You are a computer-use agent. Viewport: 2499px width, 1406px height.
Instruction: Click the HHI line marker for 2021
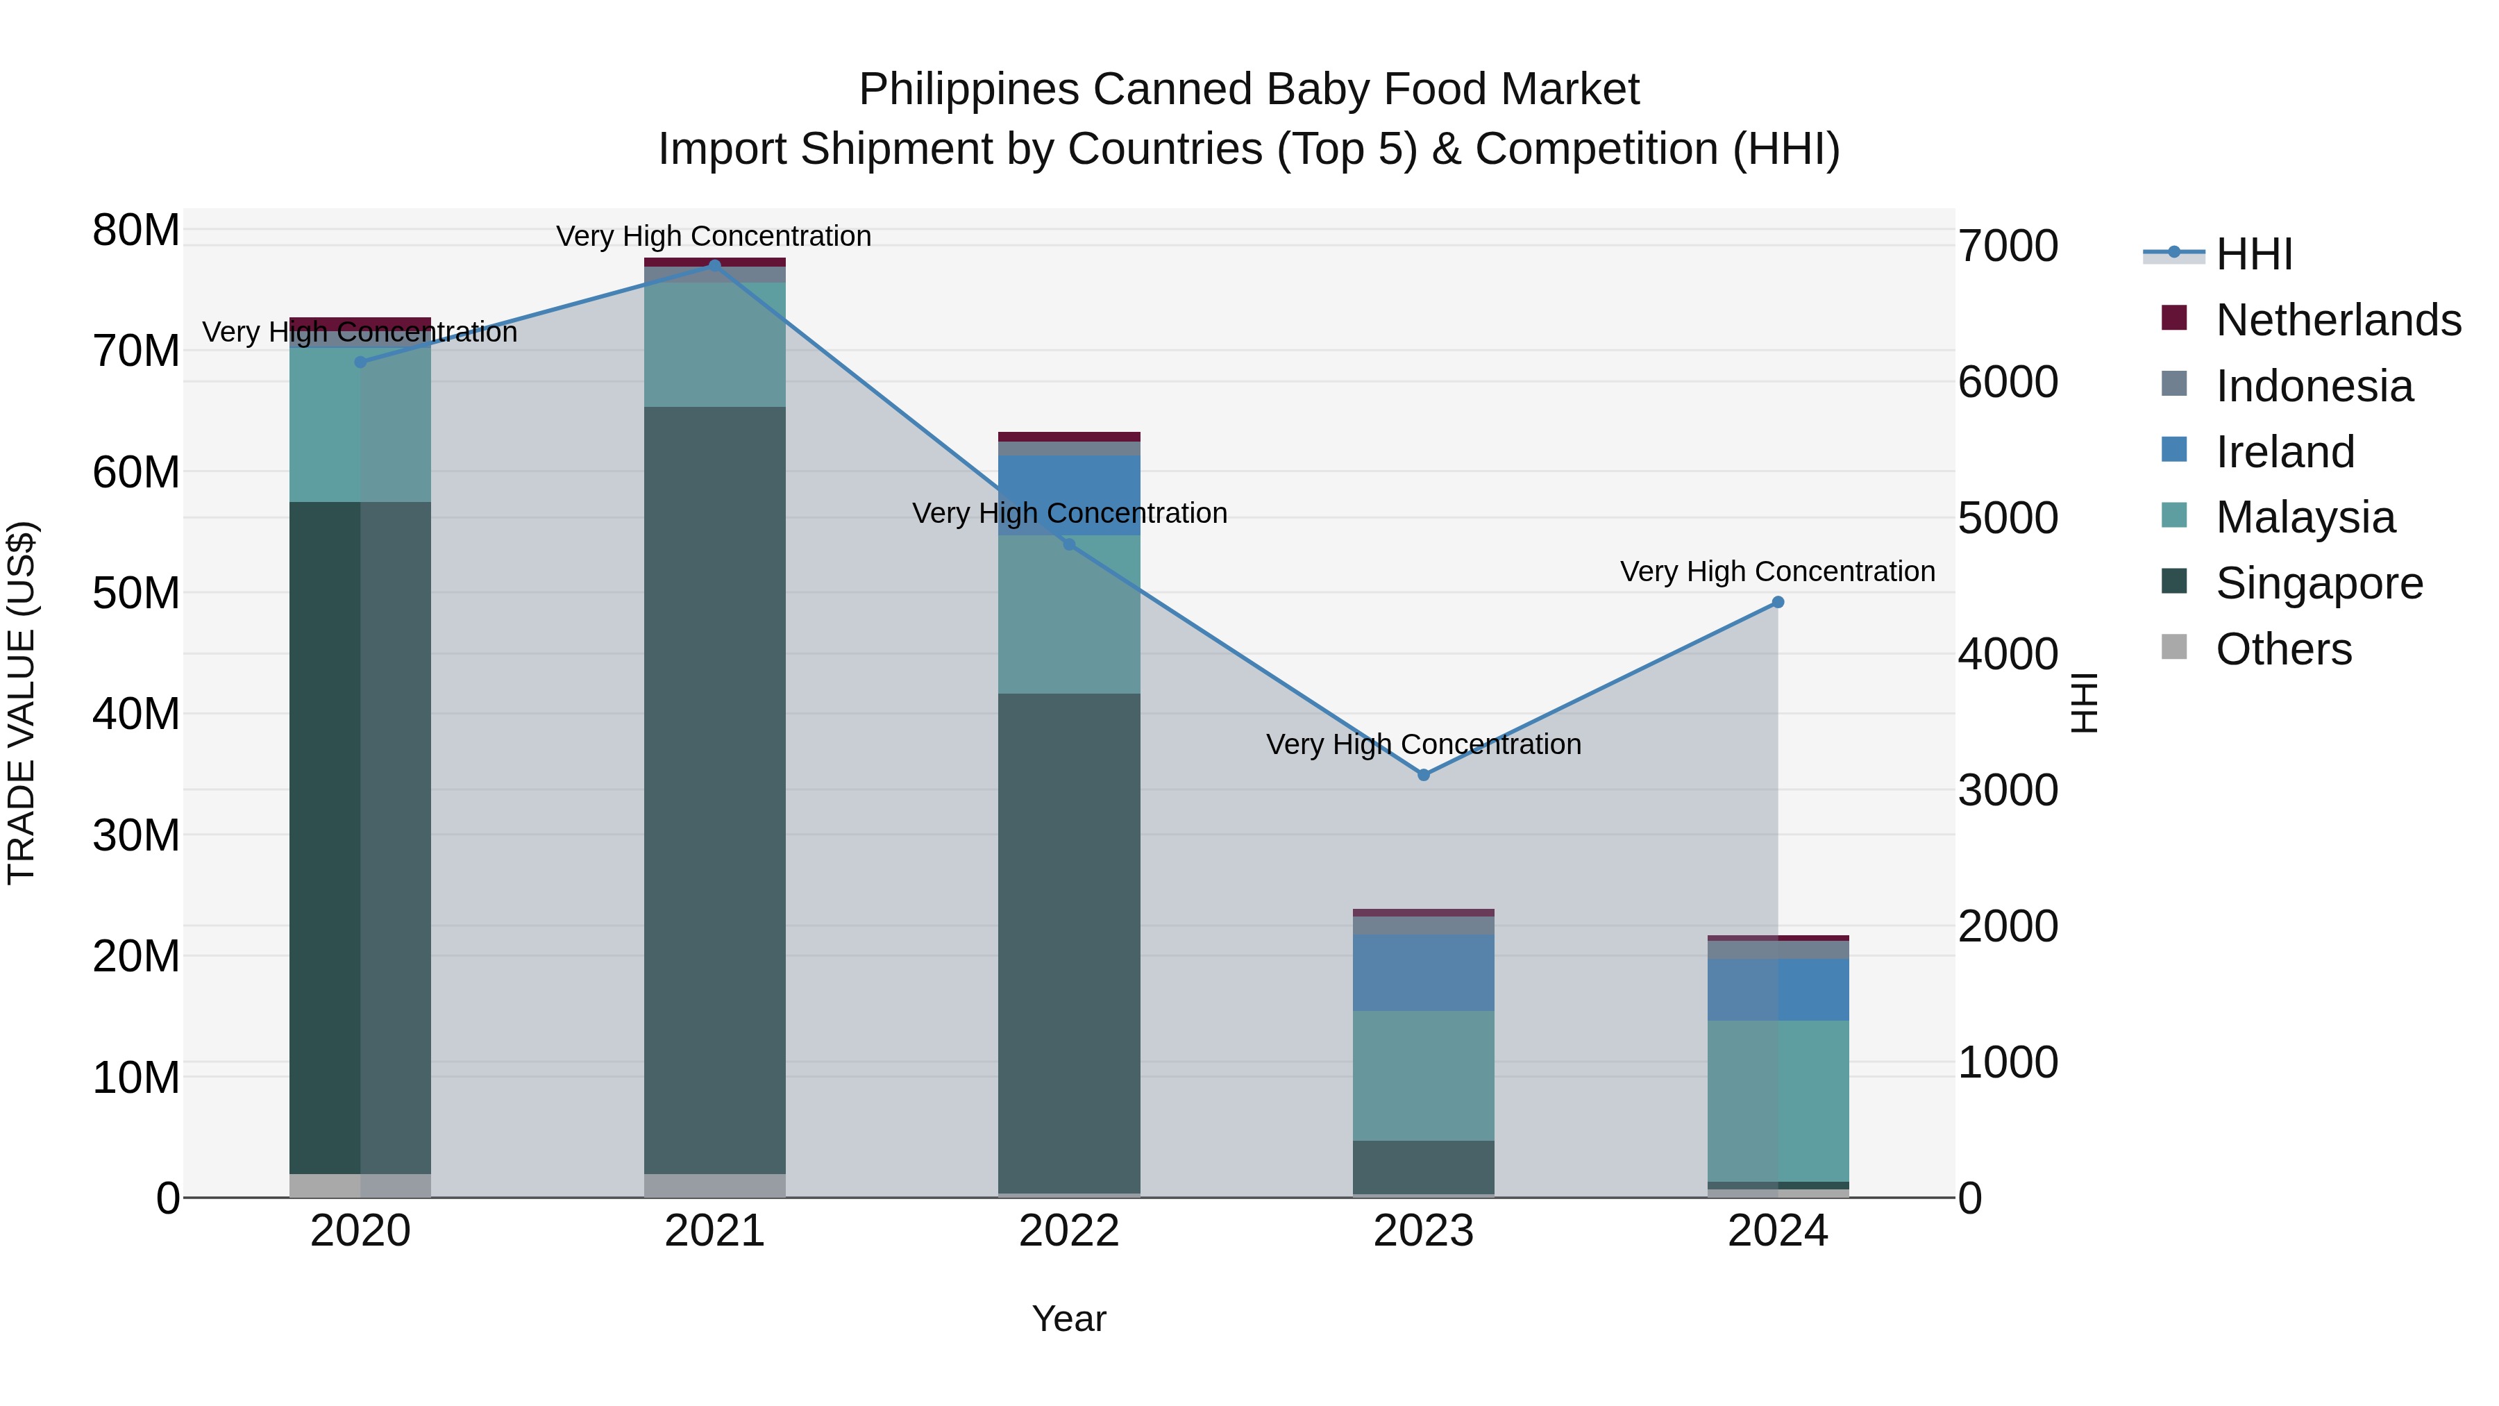coord(714,265)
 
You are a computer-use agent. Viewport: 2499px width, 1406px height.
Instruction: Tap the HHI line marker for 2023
coord(1423,774)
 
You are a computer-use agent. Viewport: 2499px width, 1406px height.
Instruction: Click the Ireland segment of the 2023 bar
coord(1423,972)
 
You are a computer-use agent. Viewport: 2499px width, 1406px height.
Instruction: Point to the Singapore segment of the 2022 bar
coord(1069,942)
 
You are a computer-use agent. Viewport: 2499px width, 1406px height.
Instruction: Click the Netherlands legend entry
coord(2338,319)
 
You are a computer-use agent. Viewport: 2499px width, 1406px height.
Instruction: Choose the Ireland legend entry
coord(2285,451)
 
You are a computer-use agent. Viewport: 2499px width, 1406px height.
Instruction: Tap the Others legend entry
coord(2282,648)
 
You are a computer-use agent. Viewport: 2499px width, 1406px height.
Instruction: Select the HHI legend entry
coord(2253,254)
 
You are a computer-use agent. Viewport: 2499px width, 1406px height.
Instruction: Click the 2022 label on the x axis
coord(1069,1230)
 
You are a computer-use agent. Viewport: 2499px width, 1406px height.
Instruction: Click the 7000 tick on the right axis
coord(2007,246)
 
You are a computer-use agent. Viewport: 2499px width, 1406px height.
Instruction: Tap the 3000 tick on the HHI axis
coord(2007,790)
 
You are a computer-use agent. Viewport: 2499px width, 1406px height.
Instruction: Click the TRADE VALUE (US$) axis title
coord(22,703)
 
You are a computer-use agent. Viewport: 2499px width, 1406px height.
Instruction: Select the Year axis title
coord(1069,1319)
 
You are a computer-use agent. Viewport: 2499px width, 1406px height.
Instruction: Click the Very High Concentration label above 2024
coord(1777,571)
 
